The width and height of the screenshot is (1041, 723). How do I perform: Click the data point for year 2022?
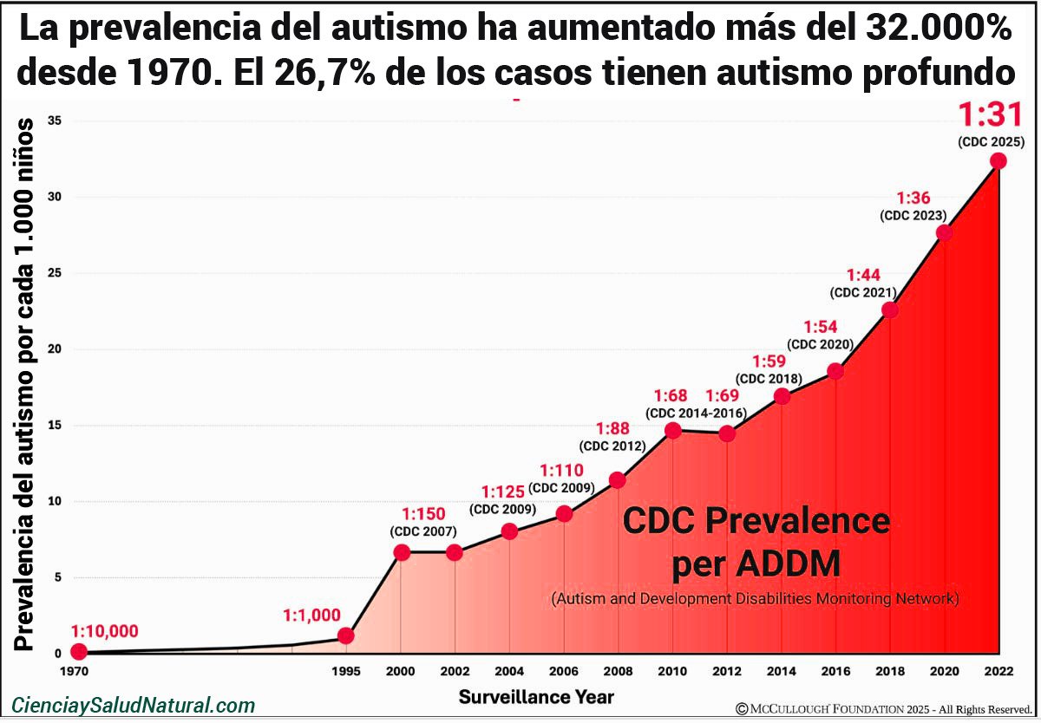coord(998,160)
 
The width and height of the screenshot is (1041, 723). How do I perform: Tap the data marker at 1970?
coord(79,651)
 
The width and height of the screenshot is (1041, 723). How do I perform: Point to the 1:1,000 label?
coord(311,616)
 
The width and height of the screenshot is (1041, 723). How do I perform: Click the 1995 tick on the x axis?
coord(345,671)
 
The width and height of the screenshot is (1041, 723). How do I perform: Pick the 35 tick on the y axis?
coord(54,120)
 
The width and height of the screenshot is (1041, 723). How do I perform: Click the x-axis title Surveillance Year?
coord(536,696)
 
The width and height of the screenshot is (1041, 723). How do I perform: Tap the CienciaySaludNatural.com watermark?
coord(134,706)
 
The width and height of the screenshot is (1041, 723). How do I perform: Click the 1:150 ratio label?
coord(422,514)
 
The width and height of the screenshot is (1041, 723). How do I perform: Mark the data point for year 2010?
coord(672,430)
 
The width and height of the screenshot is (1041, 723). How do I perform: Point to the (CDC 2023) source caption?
coord(913,215)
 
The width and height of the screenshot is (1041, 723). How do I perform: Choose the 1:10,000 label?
coord(104,631)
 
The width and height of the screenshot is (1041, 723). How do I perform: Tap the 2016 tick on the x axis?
coord(835,671)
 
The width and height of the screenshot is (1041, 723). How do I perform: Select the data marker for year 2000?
coord(402,552)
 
